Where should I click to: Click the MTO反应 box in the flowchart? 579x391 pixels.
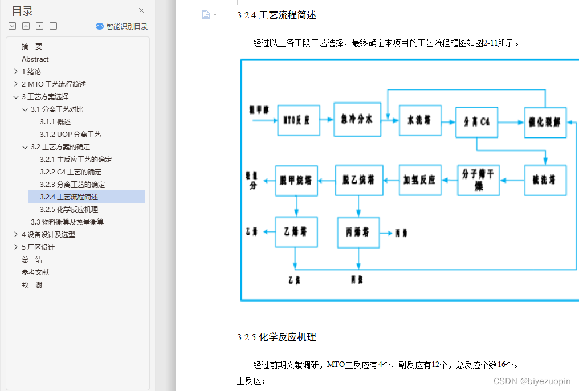298,120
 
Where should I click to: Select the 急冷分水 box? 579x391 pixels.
357,120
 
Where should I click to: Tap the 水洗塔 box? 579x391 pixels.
420,120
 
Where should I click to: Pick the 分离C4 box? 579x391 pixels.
477,122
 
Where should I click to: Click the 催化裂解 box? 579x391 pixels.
545,122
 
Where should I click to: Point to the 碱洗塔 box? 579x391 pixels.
545,180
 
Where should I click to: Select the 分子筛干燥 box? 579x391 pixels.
479,180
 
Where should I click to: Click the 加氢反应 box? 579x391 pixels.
420,180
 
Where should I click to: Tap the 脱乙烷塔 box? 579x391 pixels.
358,180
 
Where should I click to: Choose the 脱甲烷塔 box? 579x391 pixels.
296,181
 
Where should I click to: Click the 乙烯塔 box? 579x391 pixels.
296,232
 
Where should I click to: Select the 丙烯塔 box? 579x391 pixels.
358,233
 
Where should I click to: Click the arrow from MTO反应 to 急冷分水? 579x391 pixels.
327,120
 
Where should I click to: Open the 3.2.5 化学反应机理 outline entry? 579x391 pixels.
69,209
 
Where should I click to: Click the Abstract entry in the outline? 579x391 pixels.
35,59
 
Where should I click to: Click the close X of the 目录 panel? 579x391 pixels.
141,10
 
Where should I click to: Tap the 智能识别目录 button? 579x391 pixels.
122,26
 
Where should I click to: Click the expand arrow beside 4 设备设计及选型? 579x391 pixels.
15,234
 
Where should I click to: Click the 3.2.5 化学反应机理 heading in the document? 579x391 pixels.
276,337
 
